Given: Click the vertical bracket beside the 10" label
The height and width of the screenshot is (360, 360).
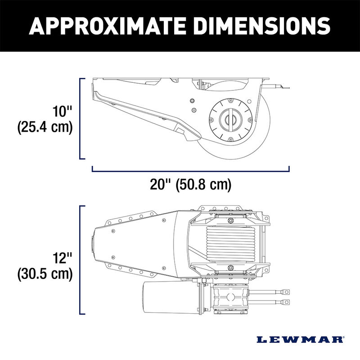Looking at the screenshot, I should [81, 118].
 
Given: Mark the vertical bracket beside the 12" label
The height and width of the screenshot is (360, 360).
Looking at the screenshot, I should [81, 260].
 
